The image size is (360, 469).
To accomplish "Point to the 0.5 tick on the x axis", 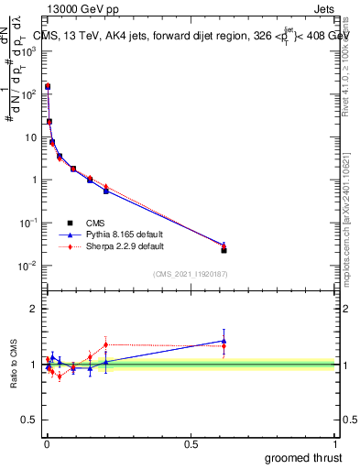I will (x=191, y=443).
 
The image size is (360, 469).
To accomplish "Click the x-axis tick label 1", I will (x=337, y=443).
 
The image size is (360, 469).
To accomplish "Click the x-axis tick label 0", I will (x=47, y=443).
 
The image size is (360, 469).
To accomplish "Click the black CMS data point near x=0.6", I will (x=224, y=250).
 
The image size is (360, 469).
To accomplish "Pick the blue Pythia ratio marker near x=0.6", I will (x=224, y=341).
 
